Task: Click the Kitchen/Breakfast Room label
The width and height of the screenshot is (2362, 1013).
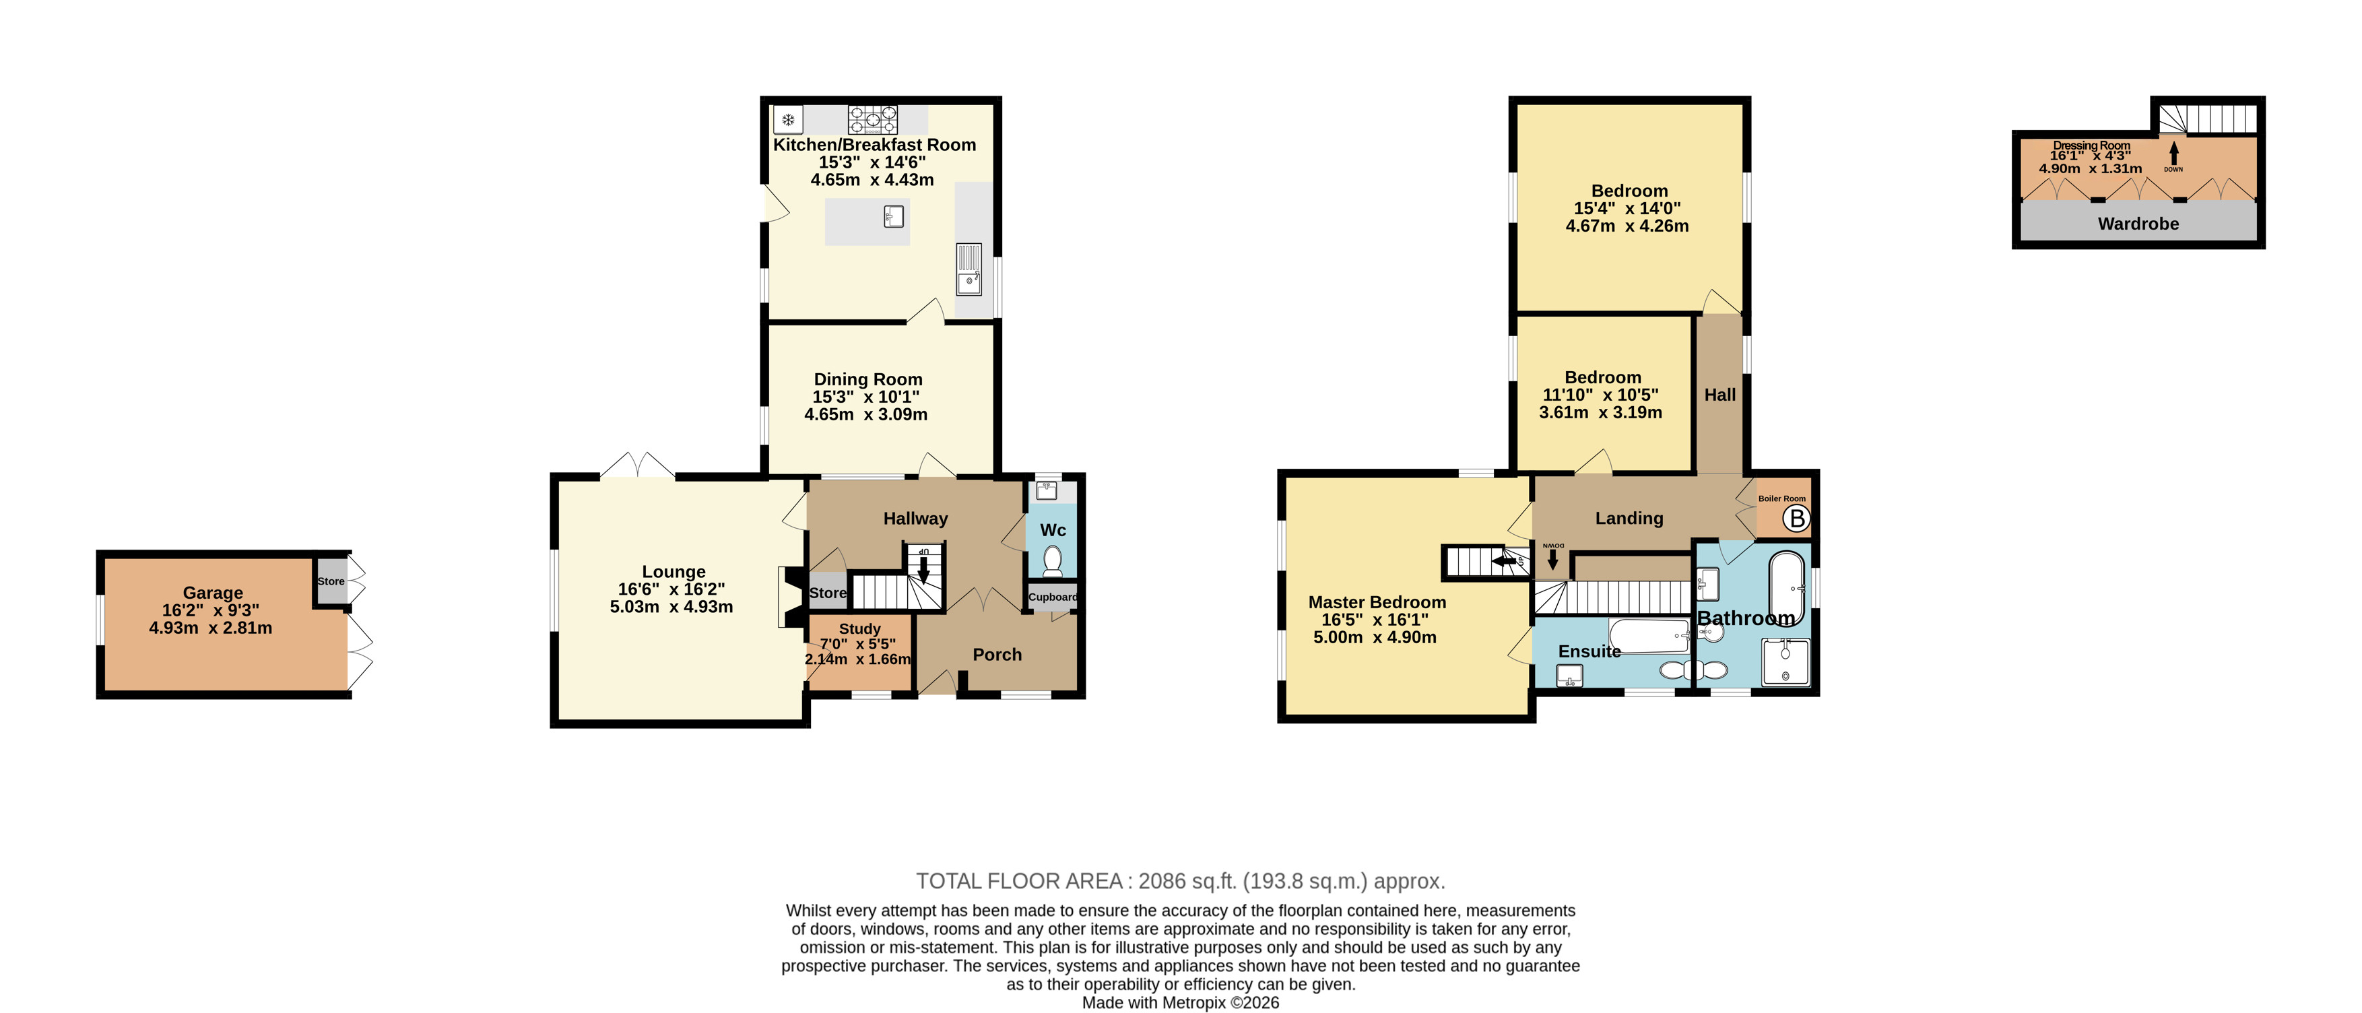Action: tap(874, 145)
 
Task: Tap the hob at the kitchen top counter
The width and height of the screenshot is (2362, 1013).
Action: tap(872, 119)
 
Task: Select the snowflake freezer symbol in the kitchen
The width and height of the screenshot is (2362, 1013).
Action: tap(787, 119)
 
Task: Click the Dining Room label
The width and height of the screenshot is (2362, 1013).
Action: tap(867, 379)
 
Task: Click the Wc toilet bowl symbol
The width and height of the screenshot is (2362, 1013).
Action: tap(1053, 558)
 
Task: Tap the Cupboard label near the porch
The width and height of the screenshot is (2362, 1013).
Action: tap(1053, 597)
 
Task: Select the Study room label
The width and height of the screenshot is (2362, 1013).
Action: tap(859, 629)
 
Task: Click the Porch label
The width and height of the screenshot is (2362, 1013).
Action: tap(997, 655)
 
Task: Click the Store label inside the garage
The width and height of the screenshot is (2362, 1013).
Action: tap(331, 581)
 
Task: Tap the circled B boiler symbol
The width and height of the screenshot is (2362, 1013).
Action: tap(1796, 519)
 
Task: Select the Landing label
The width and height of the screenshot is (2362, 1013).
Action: tap(1629, 518)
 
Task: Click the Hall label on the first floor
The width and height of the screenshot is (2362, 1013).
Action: tap(1719, 395)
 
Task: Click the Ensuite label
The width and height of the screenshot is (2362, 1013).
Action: tap(1589, 651)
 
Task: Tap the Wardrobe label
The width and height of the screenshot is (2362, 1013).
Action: tap(2138, 224)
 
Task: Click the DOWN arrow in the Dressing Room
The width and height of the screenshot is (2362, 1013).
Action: tap(2173, 152)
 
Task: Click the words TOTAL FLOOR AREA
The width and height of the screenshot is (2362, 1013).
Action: tap(1020, 881)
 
